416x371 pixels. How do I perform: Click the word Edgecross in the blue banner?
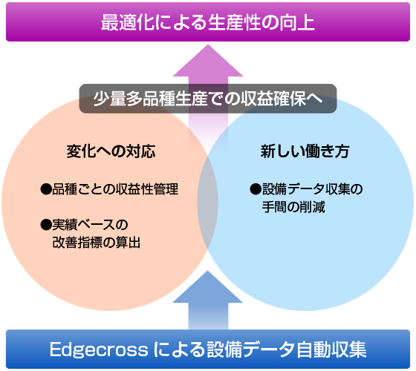tap(98, 349)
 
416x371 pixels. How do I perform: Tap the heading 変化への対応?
tap(111, 151)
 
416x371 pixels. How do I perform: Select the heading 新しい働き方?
tap(305, 151)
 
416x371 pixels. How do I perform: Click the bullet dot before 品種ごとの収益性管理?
tap(46, 189)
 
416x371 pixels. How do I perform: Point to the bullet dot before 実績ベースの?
tap(46, 225)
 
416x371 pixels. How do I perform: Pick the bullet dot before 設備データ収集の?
tap(256, 189)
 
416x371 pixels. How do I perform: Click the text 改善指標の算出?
tap(97, 242)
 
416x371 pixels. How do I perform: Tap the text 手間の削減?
tap(293, 207)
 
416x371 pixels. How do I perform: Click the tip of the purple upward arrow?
tap(208, 45)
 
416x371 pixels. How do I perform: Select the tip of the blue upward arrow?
tap(207, 271)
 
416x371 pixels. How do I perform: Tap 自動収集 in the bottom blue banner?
tap(331, 349)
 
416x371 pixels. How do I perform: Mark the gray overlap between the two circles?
tap(208, 203)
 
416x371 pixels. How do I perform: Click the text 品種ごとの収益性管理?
tap(115, 189)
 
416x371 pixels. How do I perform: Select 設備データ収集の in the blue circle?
tap(312, 189)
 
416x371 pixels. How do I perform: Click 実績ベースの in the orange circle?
tap(90, 225)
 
